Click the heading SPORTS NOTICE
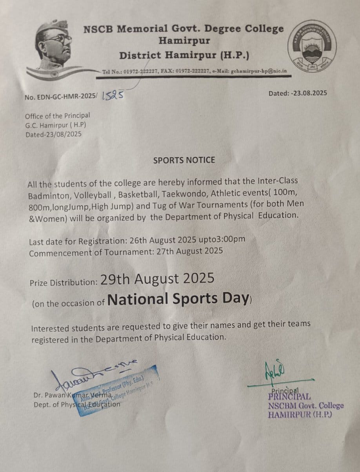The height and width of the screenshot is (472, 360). tap(184, 160)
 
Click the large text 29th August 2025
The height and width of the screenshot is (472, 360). tap(158, 279)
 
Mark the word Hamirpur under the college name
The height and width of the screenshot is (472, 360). tap(184, 40)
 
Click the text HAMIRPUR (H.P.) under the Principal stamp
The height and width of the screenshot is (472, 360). tap(300, 414)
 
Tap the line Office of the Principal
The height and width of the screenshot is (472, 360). tap(57, 116)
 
